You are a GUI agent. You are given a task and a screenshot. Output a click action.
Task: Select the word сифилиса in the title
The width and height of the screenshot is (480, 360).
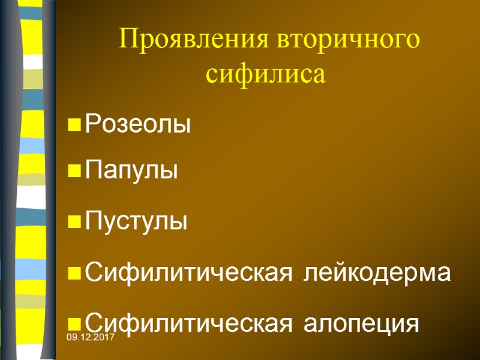click(x=265, y=74)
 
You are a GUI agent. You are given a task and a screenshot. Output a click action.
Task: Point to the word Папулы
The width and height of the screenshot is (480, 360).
click(x=132, y=172)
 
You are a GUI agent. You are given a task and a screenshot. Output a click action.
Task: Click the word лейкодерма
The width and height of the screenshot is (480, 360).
click(x=377, y=273)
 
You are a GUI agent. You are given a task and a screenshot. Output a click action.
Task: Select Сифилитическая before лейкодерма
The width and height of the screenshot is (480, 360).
click(x=190, y=273)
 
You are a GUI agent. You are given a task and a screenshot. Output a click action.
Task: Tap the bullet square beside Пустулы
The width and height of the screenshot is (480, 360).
click(x=75, y=223)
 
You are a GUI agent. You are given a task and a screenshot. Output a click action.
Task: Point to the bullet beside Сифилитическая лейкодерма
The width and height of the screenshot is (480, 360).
click(x=75, y=274)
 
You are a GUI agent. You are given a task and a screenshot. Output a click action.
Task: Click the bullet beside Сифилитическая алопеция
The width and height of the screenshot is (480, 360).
click(x=75, y=325)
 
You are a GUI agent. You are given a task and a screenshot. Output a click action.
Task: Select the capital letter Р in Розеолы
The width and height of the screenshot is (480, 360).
click(x=92, y=125)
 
